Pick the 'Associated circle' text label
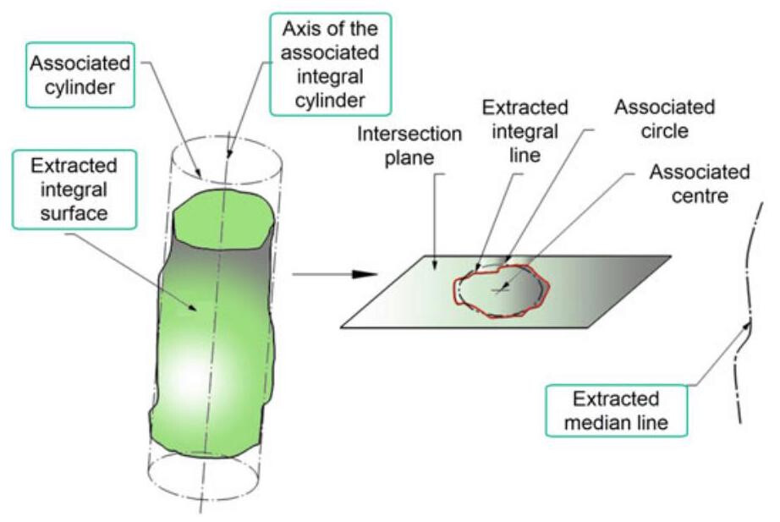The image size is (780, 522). pos(664,121)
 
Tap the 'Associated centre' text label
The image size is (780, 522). pos(699,185)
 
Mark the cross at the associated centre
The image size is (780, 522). pos(500,291)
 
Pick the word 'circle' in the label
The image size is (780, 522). pos(664,132)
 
